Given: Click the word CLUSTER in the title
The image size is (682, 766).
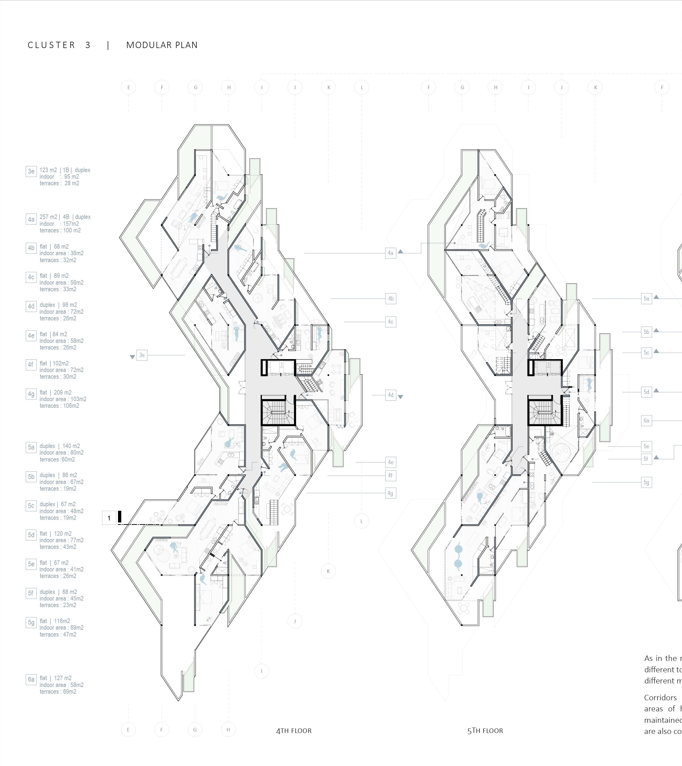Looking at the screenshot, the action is point(51,45).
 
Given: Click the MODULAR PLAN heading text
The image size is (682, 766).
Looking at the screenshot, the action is point(162,45).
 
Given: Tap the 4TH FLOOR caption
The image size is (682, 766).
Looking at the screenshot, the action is point(294,730).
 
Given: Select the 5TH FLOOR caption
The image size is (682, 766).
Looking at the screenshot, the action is point(485,730).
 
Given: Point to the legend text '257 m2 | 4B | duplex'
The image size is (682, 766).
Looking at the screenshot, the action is point(65,217).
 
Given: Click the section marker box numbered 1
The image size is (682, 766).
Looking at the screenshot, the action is point(109,518).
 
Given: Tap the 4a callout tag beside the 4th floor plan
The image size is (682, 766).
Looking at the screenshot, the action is point(390,253).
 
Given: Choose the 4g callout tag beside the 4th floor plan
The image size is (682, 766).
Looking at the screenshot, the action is point(390,493).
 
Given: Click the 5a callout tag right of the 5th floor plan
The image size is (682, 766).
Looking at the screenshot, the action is point(646,299).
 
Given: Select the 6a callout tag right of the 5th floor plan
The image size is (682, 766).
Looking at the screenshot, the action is point(646,420).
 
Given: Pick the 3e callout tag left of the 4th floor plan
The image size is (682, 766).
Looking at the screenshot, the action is point(142,355).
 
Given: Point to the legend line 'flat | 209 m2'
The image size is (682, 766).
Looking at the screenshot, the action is point(56,392).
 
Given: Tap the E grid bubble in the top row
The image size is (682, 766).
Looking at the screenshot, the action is point(129,88).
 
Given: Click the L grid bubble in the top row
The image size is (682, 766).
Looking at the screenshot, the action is point(362,88).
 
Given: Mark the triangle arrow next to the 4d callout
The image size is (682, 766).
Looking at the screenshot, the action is point(400,396).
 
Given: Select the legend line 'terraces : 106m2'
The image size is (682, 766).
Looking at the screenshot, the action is point(59,406).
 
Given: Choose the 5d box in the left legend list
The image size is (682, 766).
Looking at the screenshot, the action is point(31,535).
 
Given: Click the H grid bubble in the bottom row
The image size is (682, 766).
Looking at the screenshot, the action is point(228,730).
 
